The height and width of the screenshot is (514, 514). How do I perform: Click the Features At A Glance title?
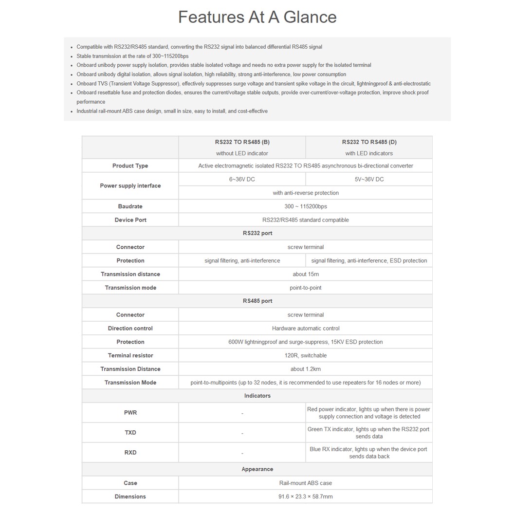coord(257,17)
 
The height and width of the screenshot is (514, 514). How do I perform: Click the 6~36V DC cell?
coord(242,179)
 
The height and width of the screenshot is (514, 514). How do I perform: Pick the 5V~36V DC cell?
coord(369,179)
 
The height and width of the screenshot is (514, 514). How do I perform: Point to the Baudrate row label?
coord(130,206)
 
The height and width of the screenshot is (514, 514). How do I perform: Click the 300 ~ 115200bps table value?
coord(306,206)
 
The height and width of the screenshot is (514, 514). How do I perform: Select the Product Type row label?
coord(130,166)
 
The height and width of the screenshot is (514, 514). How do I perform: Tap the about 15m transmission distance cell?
coord(306,274)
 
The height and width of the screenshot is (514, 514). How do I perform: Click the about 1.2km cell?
coord(306,369)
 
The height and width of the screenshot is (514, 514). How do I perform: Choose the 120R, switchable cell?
coord(306,355)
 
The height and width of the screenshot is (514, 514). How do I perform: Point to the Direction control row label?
coord(130,329)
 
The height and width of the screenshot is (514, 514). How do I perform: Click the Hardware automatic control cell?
coord(306,329)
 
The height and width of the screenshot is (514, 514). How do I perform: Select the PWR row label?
coord(130,413)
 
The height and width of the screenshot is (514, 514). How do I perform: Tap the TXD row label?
coord(130,433)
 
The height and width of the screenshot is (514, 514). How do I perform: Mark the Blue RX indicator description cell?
coord(369,453)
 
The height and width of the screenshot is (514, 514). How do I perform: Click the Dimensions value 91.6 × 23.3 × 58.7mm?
coord(306,496)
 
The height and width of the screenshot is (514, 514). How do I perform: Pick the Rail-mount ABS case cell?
coord(306,483)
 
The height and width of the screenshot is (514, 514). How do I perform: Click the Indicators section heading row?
coord(257,396)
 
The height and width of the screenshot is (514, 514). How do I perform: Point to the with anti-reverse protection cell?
coord(306,193)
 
